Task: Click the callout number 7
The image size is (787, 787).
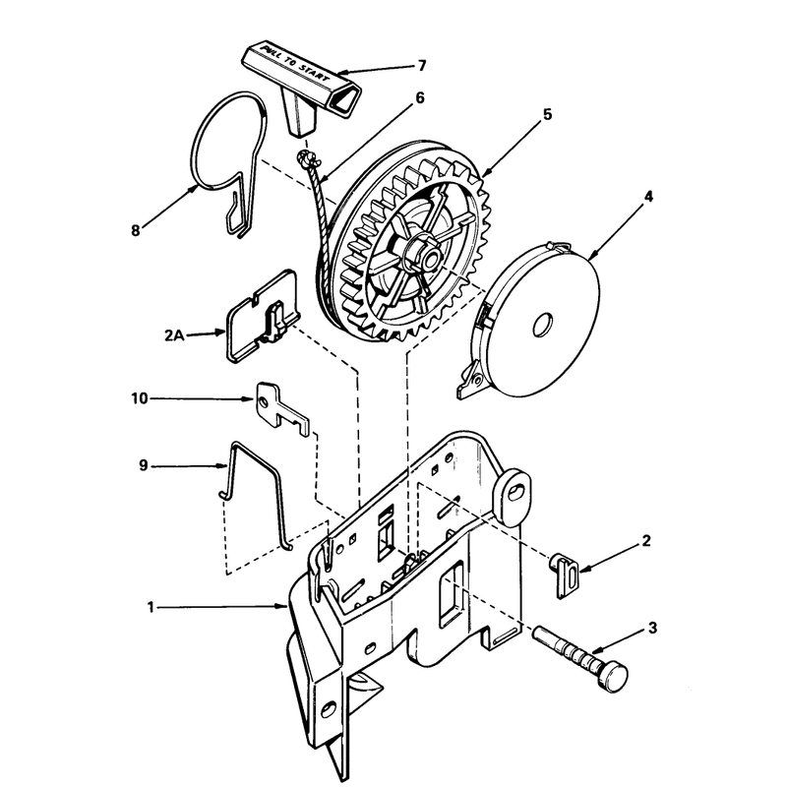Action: click(x=422, y=66)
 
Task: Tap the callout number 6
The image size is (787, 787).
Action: click(x=420, y=97)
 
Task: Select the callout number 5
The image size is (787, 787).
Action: click(x=547, y=114)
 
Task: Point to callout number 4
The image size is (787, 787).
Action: click(x=648, y=197)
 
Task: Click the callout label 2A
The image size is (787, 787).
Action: click(x=174, y=335)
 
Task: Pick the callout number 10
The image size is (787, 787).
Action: click(x=140, y=398)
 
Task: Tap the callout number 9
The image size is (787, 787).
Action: click(x=144, y=465)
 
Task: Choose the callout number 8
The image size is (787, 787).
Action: click(x=136, y=231)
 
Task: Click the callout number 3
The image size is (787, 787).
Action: click(x=652, y=628)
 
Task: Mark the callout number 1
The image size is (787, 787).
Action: click(x=151, y=607)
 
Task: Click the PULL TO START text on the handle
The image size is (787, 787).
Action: click(x=296, y=66)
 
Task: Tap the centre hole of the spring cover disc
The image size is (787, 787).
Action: click(x=543, y=326)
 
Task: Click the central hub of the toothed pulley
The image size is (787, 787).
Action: click(x=423, y=255)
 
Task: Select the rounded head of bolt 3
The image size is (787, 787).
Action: click(x=613, y=678)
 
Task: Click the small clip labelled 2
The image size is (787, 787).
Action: click(x=565, y=575)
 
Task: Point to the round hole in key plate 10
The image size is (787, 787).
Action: click(x=263, y=401)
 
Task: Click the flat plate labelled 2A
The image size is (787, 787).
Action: click(x=262, y=316)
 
